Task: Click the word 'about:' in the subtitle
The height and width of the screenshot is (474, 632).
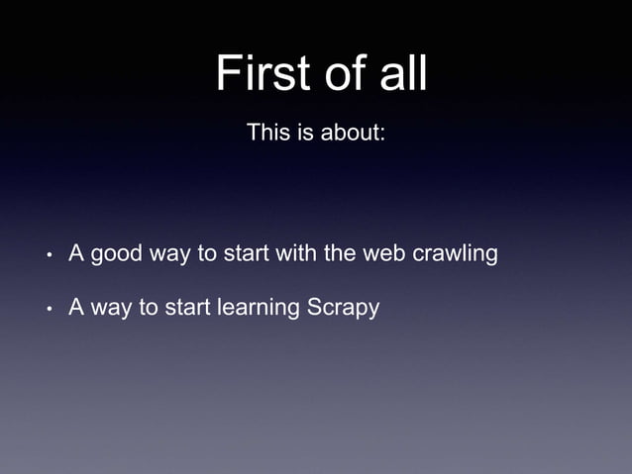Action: click(352, 132)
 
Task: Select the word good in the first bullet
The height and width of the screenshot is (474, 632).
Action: click(116, 254)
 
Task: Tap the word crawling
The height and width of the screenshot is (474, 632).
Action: click(455, 254)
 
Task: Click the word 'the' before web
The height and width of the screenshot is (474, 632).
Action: click(341, 254)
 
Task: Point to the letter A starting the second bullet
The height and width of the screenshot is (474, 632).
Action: click(75, 308)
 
